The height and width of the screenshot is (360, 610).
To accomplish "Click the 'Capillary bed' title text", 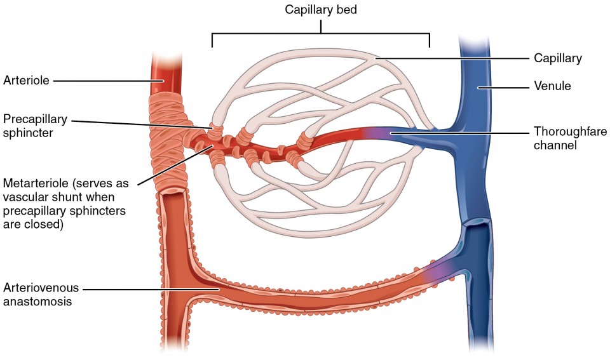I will pyautogui.click(x=322, y=10).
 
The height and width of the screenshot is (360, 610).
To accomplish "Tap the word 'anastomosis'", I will pyautogui.click(x=37, y=302).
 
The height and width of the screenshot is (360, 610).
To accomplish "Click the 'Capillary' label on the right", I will pyautogui.click(x=558, y=58).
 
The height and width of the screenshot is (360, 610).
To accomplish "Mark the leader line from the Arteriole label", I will pyautogui.click(x=108, y=81).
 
